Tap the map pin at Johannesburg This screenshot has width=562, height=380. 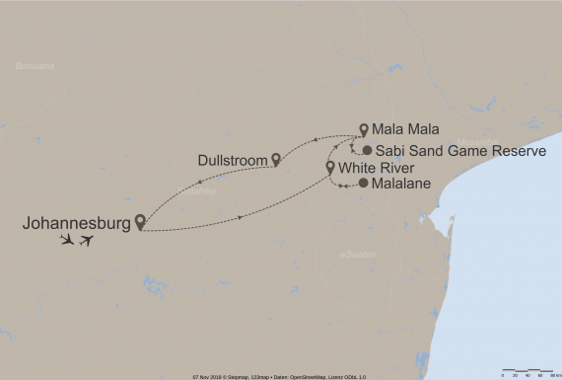(141, 221)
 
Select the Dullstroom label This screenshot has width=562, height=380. (233, 159)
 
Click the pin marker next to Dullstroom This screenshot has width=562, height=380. (276, 158)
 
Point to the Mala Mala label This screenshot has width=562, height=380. (401, 129)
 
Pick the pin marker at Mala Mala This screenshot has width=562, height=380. (364, 128)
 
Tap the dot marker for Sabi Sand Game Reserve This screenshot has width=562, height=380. (366, 150)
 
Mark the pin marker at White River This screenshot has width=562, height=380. (329, 167)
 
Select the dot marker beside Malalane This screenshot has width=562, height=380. (363, 184)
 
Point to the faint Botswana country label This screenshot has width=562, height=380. (35, 66)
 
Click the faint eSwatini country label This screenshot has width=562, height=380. (356, 255)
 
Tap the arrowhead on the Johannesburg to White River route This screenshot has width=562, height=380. (242, 218)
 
